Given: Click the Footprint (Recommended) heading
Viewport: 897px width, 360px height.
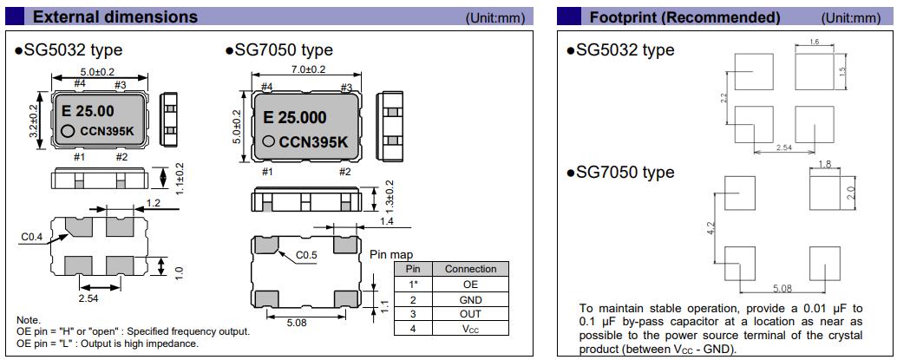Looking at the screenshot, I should pyautogui.click(x=684, y=17).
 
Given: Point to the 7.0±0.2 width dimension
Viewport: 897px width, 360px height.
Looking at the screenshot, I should pyautogui.click(x=307, y=69).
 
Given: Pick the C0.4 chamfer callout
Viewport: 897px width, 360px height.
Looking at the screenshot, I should pyautogui.click(x=32, y=235).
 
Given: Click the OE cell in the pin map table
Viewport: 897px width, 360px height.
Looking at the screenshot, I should pyautogui.click(x=470, y=284).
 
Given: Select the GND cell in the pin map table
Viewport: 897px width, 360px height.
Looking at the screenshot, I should pyautogui.click(x=470, y=299).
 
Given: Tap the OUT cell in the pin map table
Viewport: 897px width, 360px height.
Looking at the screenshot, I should pyautogui.click(x=470, y=314).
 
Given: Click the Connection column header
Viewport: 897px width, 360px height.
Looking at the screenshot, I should pyautogui.click(x=470, y=269).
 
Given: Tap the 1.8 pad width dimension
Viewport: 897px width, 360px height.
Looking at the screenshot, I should pyautogui.click(x=824, y=164).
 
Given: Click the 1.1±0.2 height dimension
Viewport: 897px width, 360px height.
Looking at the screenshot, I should pyautogui.click(x=179, y=179).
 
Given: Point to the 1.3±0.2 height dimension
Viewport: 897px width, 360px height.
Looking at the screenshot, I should pyautogui.click(x=390, y=196).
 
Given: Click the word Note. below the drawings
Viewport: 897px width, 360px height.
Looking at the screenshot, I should pyautogui.click(x=28, y=320).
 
